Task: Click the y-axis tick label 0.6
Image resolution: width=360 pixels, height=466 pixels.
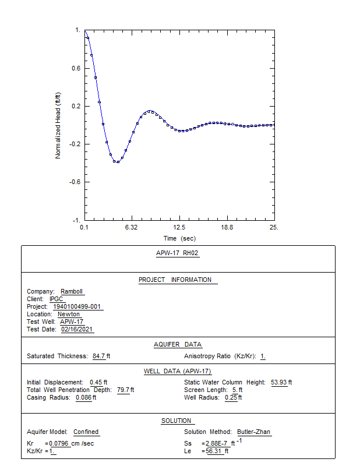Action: tap(76, 68)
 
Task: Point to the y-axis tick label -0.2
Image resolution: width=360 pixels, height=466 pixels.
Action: tap(75, 144)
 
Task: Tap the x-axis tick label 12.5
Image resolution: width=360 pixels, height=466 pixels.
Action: tap(179, 227)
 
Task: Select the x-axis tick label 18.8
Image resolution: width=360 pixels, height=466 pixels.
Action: tap(227, 227)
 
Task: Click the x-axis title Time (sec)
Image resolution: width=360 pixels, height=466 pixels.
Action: tap(179, 238)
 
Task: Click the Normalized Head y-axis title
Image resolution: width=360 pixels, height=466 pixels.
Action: tap(58, 125)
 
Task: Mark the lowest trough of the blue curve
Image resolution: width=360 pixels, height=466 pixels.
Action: tap(117, 163)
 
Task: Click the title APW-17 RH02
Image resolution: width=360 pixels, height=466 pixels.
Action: tap(177, 253)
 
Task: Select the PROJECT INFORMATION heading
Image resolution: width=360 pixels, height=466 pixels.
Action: tap(175, 280)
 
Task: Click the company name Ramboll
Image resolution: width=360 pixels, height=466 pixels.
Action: tap(71, 291)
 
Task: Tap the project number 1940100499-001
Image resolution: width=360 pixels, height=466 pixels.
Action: tap(77, 306)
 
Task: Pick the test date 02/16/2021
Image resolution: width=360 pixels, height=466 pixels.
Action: tap(77, 329)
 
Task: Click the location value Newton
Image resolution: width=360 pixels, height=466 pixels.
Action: tap(69, 314)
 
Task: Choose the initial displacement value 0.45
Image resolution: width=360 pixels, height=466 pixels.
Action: tap(96, 382)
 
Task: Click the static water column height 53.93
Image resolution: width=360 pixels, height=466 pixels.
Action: tap(279, 382)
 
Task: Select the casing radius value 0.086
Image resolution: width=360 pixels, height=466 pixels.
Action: tap(83, 397)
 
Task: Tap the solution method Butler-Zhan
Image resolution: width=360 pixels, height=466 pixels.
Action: tap(253, 432)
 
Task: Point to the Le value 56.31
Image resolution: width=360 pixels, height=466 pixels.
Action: tap(214, 451)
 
